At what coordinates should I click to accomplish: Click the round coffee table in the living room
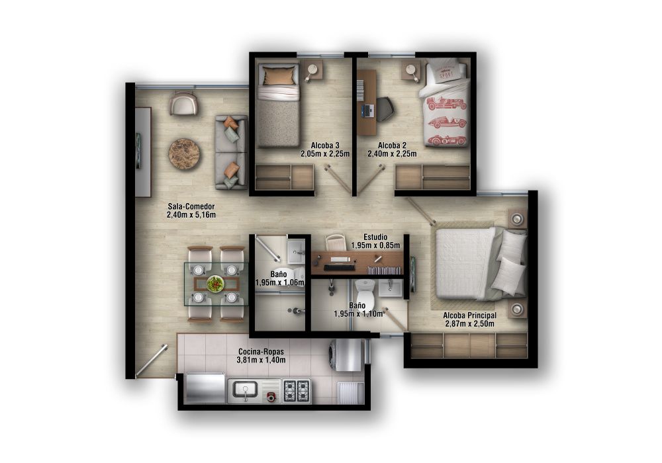point(184,154)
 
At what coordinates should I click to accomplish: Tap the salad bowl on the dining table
point(215,284)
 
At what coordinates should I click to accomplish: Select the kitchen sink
point(245,390)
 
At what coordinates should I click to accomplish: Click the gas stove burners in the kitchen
point(297,390)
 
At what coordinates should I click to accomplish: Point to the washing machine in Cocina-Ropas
point(346,355)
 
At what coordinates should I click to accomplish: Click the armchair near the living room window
point(183,104)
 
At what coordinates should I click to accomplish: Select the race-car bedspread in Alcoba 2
point(446,119)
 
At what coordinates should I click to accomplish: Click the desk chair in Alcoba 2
point(385,109)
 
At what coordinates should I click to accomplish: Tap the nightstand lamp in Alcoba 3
point(312,69)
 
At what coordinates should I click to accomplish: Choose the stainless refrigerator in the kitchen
point(205,388)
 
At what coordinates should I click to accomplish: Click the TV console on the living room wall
point(142,152)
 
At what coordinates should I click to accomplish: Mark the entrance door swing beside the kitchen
point(151,362)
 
